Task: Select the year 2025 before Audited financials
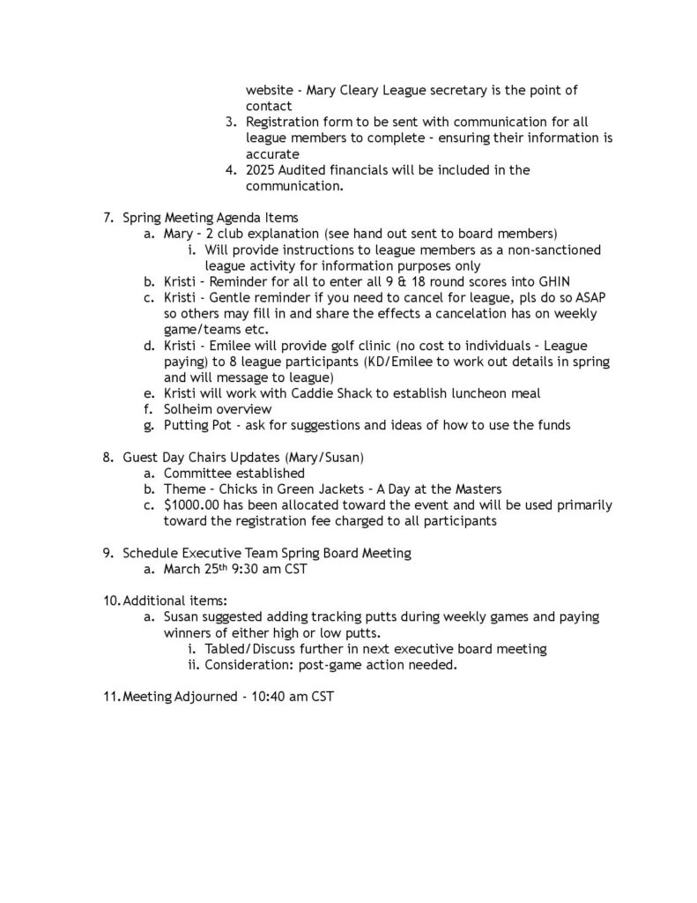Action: [x=263, y=169]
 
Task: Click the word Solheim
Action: [x=189, y=409]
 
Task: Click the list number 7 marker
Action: [x=108, y=217]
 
